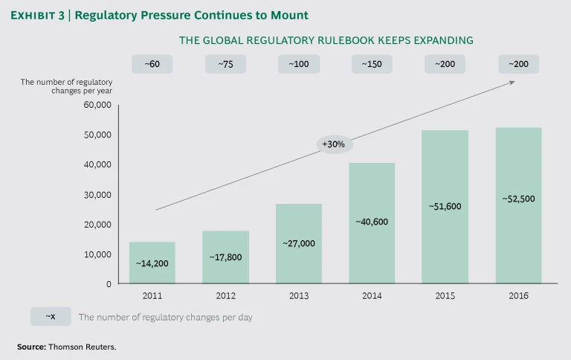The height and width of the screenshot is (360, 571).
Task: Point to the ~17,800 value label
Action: point(225,257)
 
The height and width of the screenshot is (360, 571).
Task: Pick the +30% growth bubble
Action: point(334,144)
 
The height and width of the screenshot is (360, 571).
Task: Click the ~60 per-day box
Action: point(152,65)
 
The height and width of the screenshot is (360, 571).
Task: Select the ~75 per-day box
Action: point(225,65)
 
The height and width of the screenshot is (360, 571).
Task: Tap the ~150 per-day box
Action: point(372,65)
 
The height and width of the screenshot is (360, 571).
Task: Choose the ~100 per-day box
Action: point(299,65)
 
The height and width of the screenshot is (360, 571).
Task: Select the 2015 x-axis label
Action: point(445,296)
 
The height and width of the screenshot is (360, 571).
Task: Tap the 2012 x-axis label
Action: point(225,296)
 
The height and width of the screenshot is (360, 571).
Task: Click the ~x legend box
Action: point(51,317)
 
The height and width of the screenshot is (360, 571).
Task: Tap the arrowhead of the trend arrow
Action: point(512,82)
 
